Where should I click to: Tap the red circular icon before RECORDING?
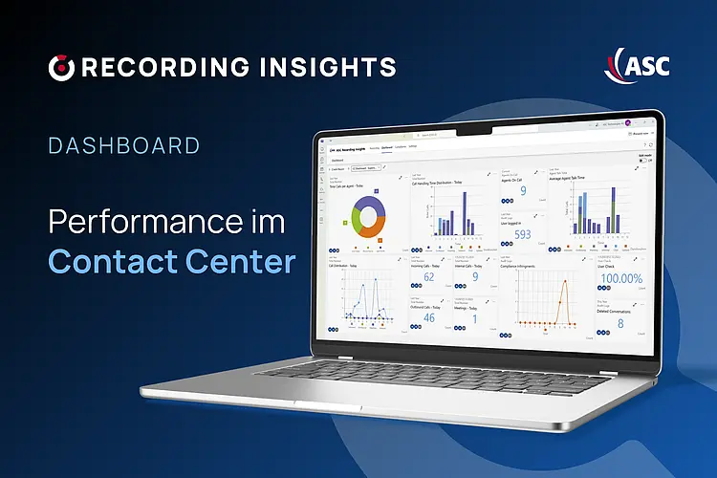coord(61,67)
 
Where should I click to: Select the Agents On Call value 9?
coord(522,191)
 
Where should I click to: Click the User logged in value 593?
coord(522,233)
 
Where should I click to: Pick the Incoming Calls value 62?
coord(429,278)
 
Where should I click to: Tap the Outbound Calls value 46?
coord(428,318)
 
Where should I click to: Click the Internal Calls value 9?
coord(475,278)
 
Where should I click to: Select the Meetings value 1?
coord(475,318)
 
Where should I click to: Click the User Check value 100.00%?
coord(622,278)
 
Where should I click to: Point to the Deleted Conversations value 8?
coord(621,323)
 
